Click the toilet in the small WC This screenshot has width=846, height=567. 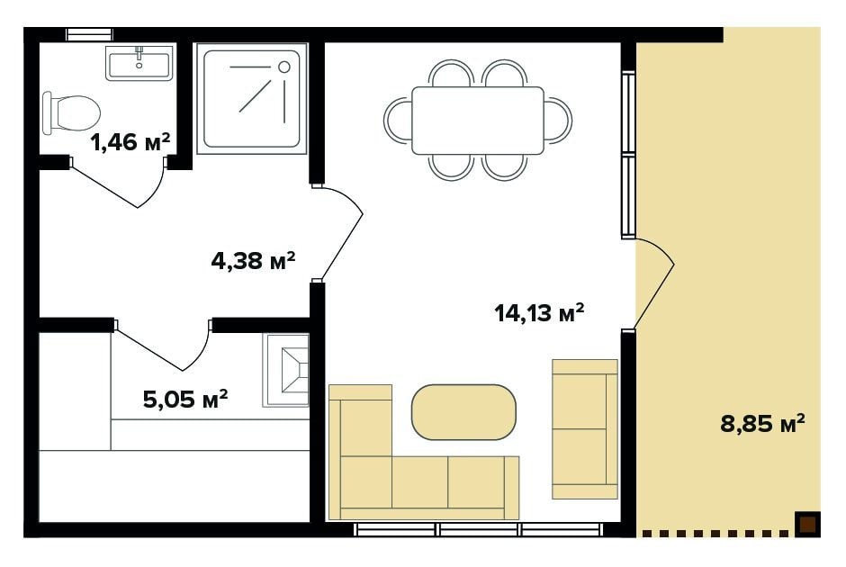(71, 112)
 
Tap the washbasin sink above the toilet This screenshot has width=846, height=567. (139, 63)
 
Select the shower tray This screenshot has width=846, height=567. (251, 99)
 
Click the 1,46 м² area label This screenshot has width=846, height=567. (130, 142)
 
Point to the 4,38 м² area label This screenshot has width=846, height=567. (253, 261)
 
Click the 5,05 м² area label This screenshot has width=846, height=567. (185, 400)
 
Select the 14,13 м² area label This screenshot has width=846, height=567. (539, 312)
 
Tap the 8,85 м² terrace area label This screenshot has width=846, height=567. (762, 424)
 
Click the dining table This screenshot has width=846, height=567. (478, 121)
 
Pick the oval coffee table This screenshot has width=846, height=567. (463, 412)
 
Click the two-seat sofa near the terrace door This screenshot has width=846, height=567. (585, 429)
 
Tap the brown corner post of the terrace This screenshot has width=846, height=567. (807, 525)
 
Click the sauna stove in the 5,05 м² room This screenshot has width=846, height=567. (286, 370)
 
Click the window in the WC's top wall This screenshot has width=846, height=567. (90, 34)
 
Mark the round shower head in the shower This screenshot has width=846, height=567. (284, 67)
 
